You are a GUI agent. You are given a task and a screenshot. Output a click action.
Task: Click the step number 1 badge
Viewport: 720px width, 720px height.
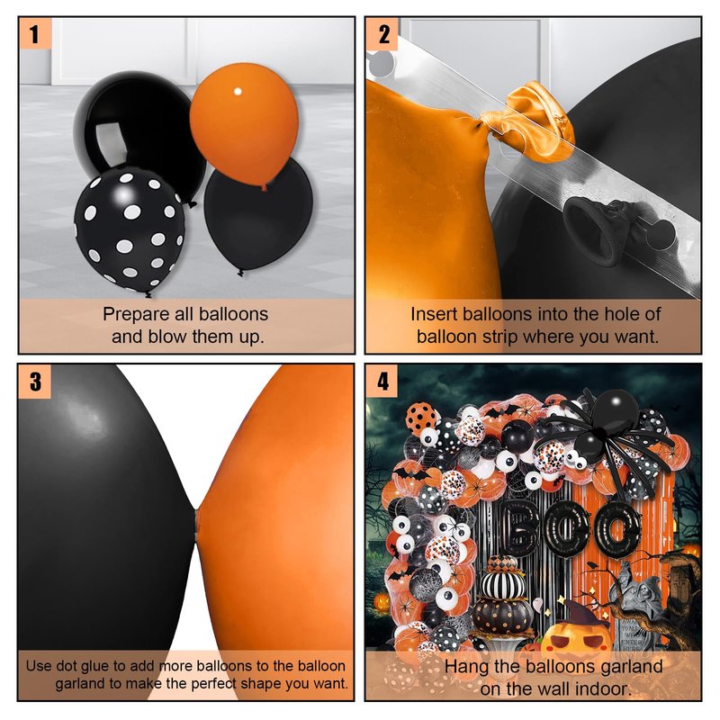click(x=35, y=33)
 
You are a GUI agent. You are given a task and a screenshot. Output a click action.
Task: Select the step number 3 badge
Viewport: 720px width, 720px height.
click(x=35, y=381)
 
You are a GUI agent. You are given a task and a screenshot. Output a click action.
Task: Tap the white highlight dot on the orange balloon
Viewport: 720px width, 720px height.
click(x=238, y=92)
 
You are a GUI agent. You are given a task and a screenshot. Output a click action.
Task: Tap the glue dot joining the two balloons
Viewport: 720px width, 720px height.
click(x=197, y=526)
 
